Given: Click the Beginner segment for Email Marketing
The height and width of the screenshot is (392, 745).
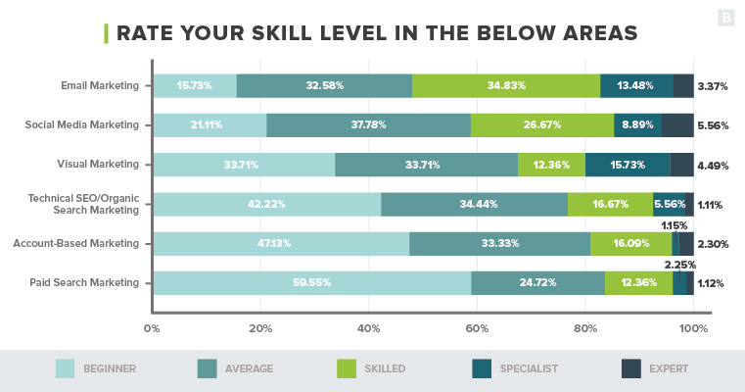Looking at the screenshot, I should pyautogui.click(x=194, y=86).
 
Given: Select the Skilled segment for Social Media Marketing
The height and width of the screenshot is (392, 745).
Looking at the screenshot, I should pyautogui.click(x=542, y=125).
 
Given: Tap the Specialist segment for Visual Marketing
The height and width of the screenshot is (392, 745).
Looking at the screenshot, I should pyautogui.click(x=628, y=165).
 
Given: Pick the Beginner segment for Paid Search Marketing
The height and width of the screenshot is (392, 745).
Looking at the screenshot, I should pyautogui.click(x=311, y=283).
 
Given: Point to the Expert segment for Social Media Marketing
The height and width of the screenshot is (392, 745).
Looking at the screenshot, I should pyautogui.click(x=677, y=125).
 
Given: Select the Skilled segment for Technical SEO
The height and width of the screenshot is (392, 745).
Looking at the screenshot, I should pyautogui.click(x=610, y=205).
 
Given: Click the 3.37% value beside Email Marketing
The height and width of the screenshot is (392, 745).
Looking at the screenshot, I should pyautogui.click(x=712, y=86).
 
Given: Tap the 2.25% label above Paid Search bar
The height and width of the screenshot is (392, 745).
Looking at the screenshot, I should pyautogui.click(x=679, y=265).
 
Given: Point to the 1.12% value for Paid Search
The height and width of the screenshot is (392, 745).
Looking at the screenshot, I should pyautogui.click(x=712, y=283).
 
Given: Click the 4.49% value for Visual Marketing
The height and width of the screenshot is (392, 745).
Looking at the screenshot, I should pyautogui.click(x=712, y=165).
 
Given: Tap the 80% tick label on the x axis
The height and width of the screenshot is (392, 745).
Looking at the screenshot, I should pyautogui.click(x=585, y=328).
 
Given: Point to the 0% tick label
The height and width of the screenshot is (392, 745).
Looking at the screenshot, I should pyautogui.click(x=152, y=328).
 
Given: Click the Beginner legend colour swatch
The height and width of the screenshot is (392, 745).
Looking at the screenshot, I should pyautogui.click(x=66, y=368).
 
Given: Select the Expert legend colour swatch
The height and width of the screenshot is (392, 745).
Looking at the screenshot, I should pyautogui.click(x=631, y=368).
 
